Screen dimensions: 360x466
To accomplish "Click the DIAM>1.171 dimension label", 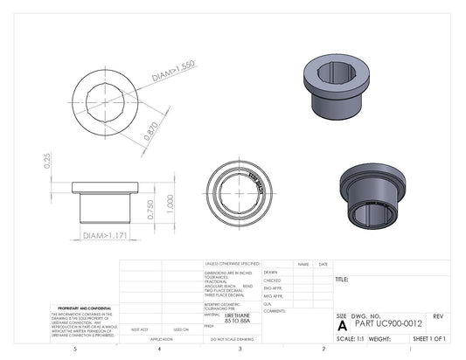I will tap(105, 236).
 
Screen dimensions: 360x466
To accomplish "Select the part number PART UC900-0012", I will tap(390, 323).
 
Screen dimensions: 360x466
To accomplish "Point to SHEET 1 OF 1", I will tap(429, 337).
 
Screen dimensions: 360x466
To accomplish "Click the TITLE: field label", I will tap(342, 280).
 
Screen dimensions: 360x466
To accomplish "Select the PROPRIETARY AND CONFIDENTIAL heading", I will tap(83, 308).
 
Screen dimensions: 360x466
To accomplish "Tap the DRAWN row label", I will tap(269, 272).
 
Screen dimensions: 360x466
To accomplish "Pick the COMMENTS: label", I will tap(275, 310).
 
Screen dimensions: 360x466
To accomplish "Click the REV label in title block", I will tap(437, 315).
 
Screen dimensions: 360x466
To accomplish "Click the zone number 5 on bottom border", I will tap(75, 349).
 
